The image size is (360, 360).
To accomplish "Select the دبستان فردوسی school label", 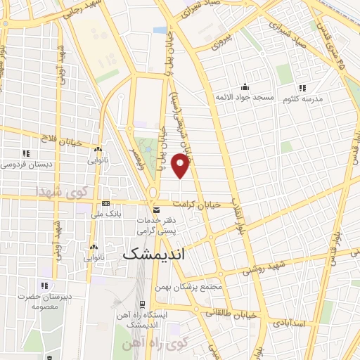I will pyautogui.click(x=25, y=164).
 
